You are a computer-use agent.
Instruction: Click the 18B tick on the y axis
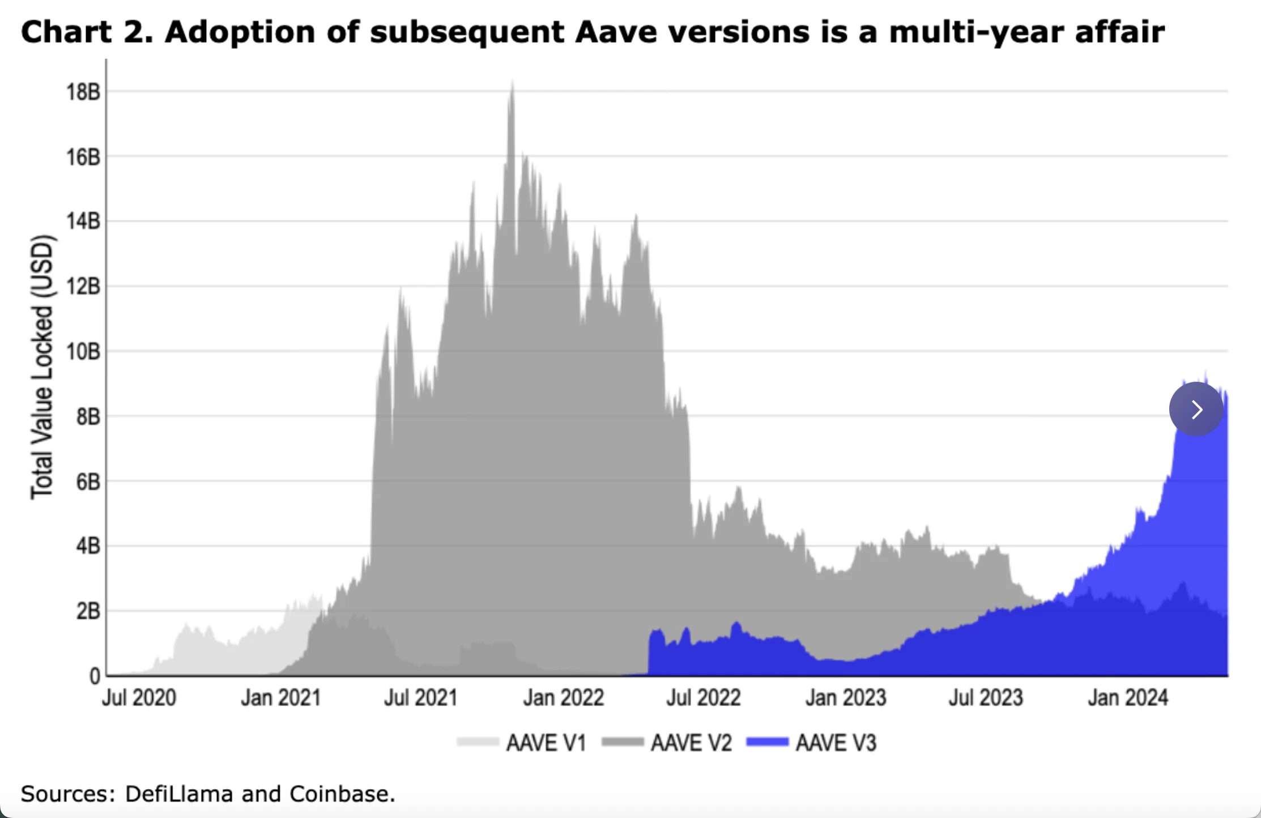click(83, 92)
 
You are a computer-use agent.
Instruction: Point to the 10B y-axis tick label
click(83, 352)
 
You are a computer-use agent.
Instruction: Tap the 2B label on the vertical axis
click(88, 611)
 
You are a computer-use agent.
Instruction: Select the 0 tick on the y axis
click(95, 676)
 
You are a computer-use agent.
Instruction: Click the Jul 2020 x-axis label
click(139, 698)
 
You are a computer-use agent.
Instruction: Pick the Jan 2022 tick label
click(563, 698)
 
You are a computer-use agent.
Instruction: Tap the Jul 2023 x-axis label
click(986, 698)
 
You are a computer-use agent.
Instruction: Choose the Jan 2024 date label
click(1128, 698)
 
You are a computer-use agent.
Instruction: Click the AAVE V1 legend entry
click(546, 743)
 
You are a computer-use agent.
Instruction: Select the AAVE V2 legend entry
click(691, 743)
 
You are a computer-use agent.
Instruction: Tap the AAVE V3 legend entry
click(836, 743)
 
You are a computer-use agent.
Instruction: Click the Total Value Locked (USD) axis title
click(42, 367)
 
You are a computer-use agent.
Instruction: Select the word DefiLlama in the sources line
click(179, 794)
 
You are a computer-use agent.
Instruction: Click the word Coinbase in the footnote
click(342, 794)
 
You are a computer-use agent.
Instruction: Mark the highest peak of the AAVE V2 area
click(512, 82)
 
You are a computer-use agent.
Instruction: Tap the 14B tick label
click(83, 221)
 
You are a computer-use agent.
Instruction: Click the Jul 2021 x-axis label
click(421, 698)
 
